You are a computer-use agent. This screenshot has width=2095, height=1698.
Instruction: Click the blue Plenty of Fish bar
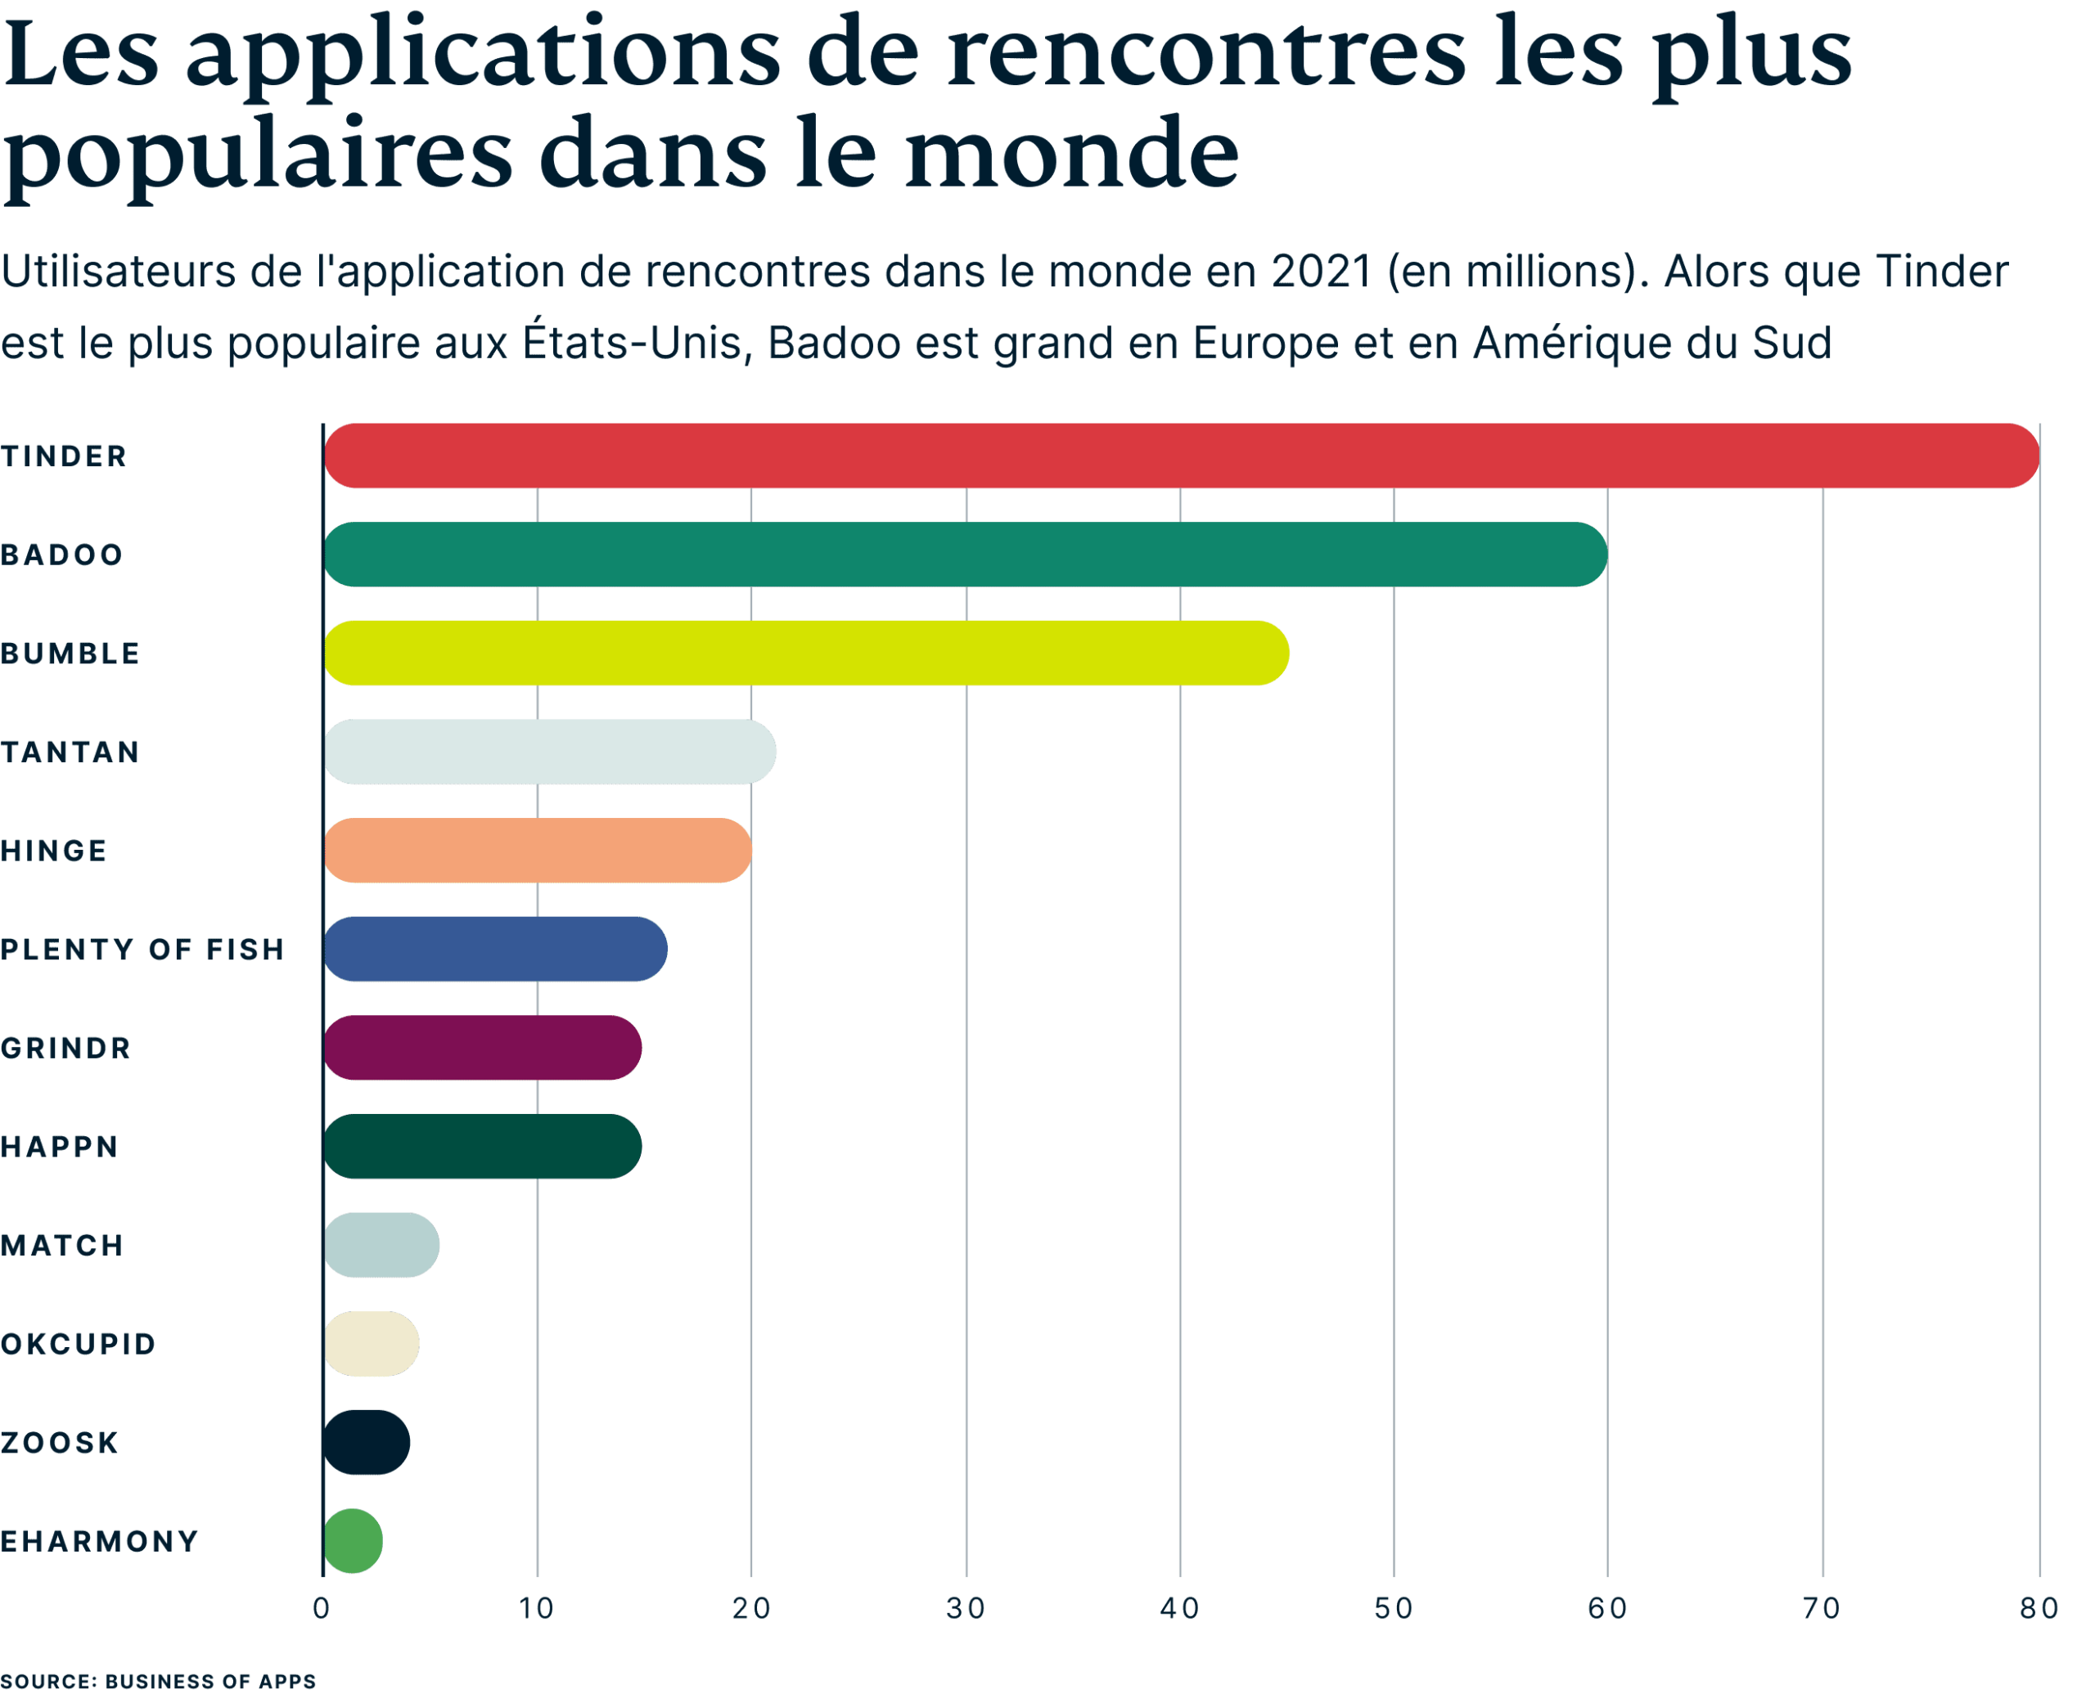coord(495,949)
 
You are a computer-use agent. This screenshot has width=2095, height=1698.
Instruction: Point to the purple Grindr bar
coord(482,1048)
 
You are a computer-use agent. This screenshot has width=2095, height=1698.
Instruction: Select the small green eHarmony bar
coord(352,1542)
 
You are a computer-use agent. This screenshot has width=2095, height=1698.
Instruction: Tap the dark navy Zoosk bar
coord(366,1442)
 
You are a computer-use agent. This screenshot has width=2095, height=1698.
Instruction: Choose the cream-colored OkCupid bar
coord(371,1343)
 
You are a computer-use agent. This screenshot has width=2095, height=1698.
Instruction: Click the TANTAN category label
coord(70,752)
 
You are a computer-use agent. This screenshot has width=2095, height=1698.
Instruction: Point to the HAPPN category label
coord(60,1147)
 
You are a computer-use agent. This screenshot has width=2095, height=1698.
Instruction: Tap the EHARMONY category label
coord(100,1542)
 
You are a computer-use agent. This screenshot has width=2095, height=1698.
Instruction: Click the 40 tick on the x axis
coord(1179,1609)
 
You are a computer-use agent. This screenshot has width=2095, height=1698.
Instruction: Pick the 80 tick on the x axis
coord(2039,1609)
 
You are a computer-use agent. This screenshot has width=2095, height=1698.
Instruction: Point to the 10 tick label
coord(536,1609)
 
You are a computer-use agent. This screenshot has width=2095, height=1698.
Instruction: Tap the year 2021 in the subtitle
coord(1321,272)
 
